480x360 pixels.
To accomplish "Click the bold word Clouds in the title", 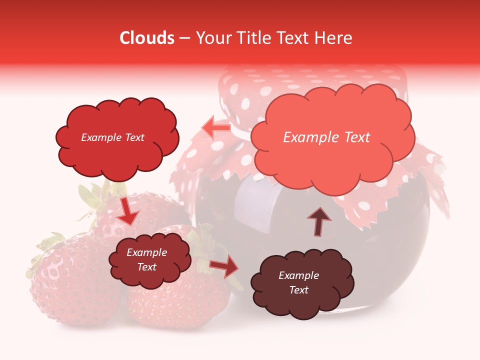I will tap(147, 38).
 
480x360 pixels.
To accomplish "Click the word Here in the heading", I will tap(333, 38).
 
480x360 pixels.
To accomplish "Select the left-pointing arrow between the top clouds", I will tap(216, 128).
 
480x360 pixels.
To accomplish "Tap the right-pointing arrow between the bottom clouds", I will tap(224, 267).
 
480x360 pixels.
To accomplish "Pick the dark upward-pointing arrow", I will tap(319, 220).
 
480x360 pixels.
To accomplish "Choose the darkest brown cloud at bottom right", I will tap(302, 300).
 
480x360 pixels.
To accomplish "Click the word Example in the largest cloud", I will tap(307, 137).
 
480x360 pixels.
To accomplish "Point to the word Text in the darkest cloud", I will tap(298, 290).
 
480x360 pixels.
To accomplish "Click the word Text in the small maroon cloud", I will tap(147, 267).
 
